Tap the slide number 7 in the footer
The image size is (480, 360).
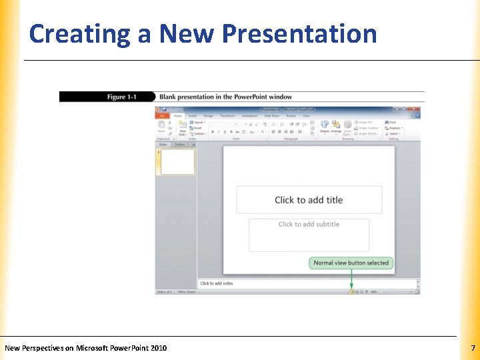(473, 348)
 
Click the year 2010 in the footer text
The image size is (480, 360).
(158, 348)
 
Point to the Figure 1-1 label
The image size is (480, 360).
(121, 97)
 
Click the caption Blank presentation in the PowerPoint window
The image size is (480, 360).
(225, 97)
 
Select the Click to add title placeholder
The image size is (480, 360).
(309, 200)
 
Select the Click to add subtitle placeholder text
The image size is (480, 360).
(309, 225)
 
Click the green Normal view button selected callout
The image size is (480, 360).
(351, 263)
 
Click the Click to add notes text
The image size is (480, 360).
(217, 283)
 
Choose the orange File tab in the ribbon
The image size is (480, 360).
(163, 116)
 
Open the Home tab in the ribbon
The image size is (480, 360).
(178, 116)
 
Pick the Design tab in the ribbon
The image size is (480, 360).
(208, 116)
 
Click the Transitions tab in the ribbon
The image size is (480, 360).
(227, 116)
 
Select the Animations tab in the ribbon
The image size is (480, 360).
(249, 116)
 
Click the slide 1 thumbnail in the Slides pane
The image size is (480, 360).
(177, 162)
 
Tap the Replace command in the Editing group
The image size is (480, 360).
(395, 128)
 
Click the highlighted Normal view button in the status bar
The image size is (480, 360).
(351, 291)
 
